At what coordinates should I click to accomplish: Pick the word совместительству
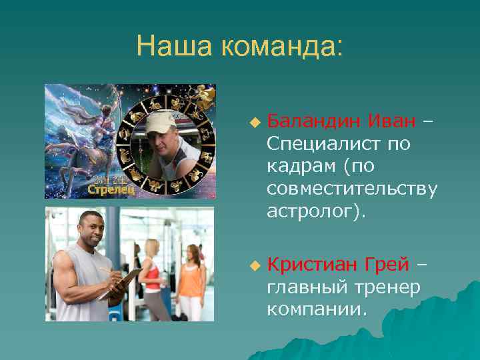352,189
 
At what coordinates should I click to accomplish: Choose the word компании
316,309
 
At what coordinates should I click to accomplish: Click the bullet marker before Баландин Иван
253,122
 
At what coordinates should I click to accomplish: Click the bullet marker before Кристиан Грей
253,265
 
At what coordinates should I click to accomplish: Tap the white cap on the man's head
163,123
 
